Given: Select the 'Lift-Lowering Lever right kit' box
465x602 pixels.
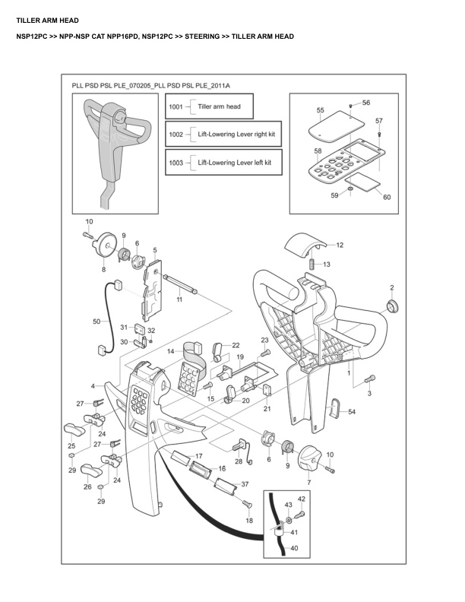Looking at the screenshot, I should coord(223,134).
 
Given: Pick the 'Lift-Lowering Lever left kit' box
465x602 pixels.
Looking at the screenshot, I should coord(223,163).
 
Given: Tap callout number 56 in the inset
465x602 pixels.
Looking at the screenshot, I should coord(366,103).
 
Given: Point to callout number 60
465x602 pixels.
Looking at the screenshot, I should coord(387,198).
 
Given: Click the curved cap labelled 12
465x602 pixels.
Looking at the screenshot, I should coord(305,245).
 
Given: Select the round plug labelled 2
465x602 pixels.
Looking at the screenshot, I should coord(393,306).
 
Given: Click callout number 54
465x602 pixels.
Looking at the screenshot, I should coord(351,411).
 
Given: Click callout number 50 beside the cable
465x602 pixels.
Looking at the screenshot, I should coord(96,322).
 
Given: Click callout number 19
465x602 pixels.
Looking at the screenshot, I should coord(239,356).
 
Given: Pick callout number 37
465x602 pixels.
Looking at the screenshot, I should coord(245,484).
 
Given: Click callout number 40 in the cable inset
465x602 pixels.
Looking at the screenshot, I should coord(295,547).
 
